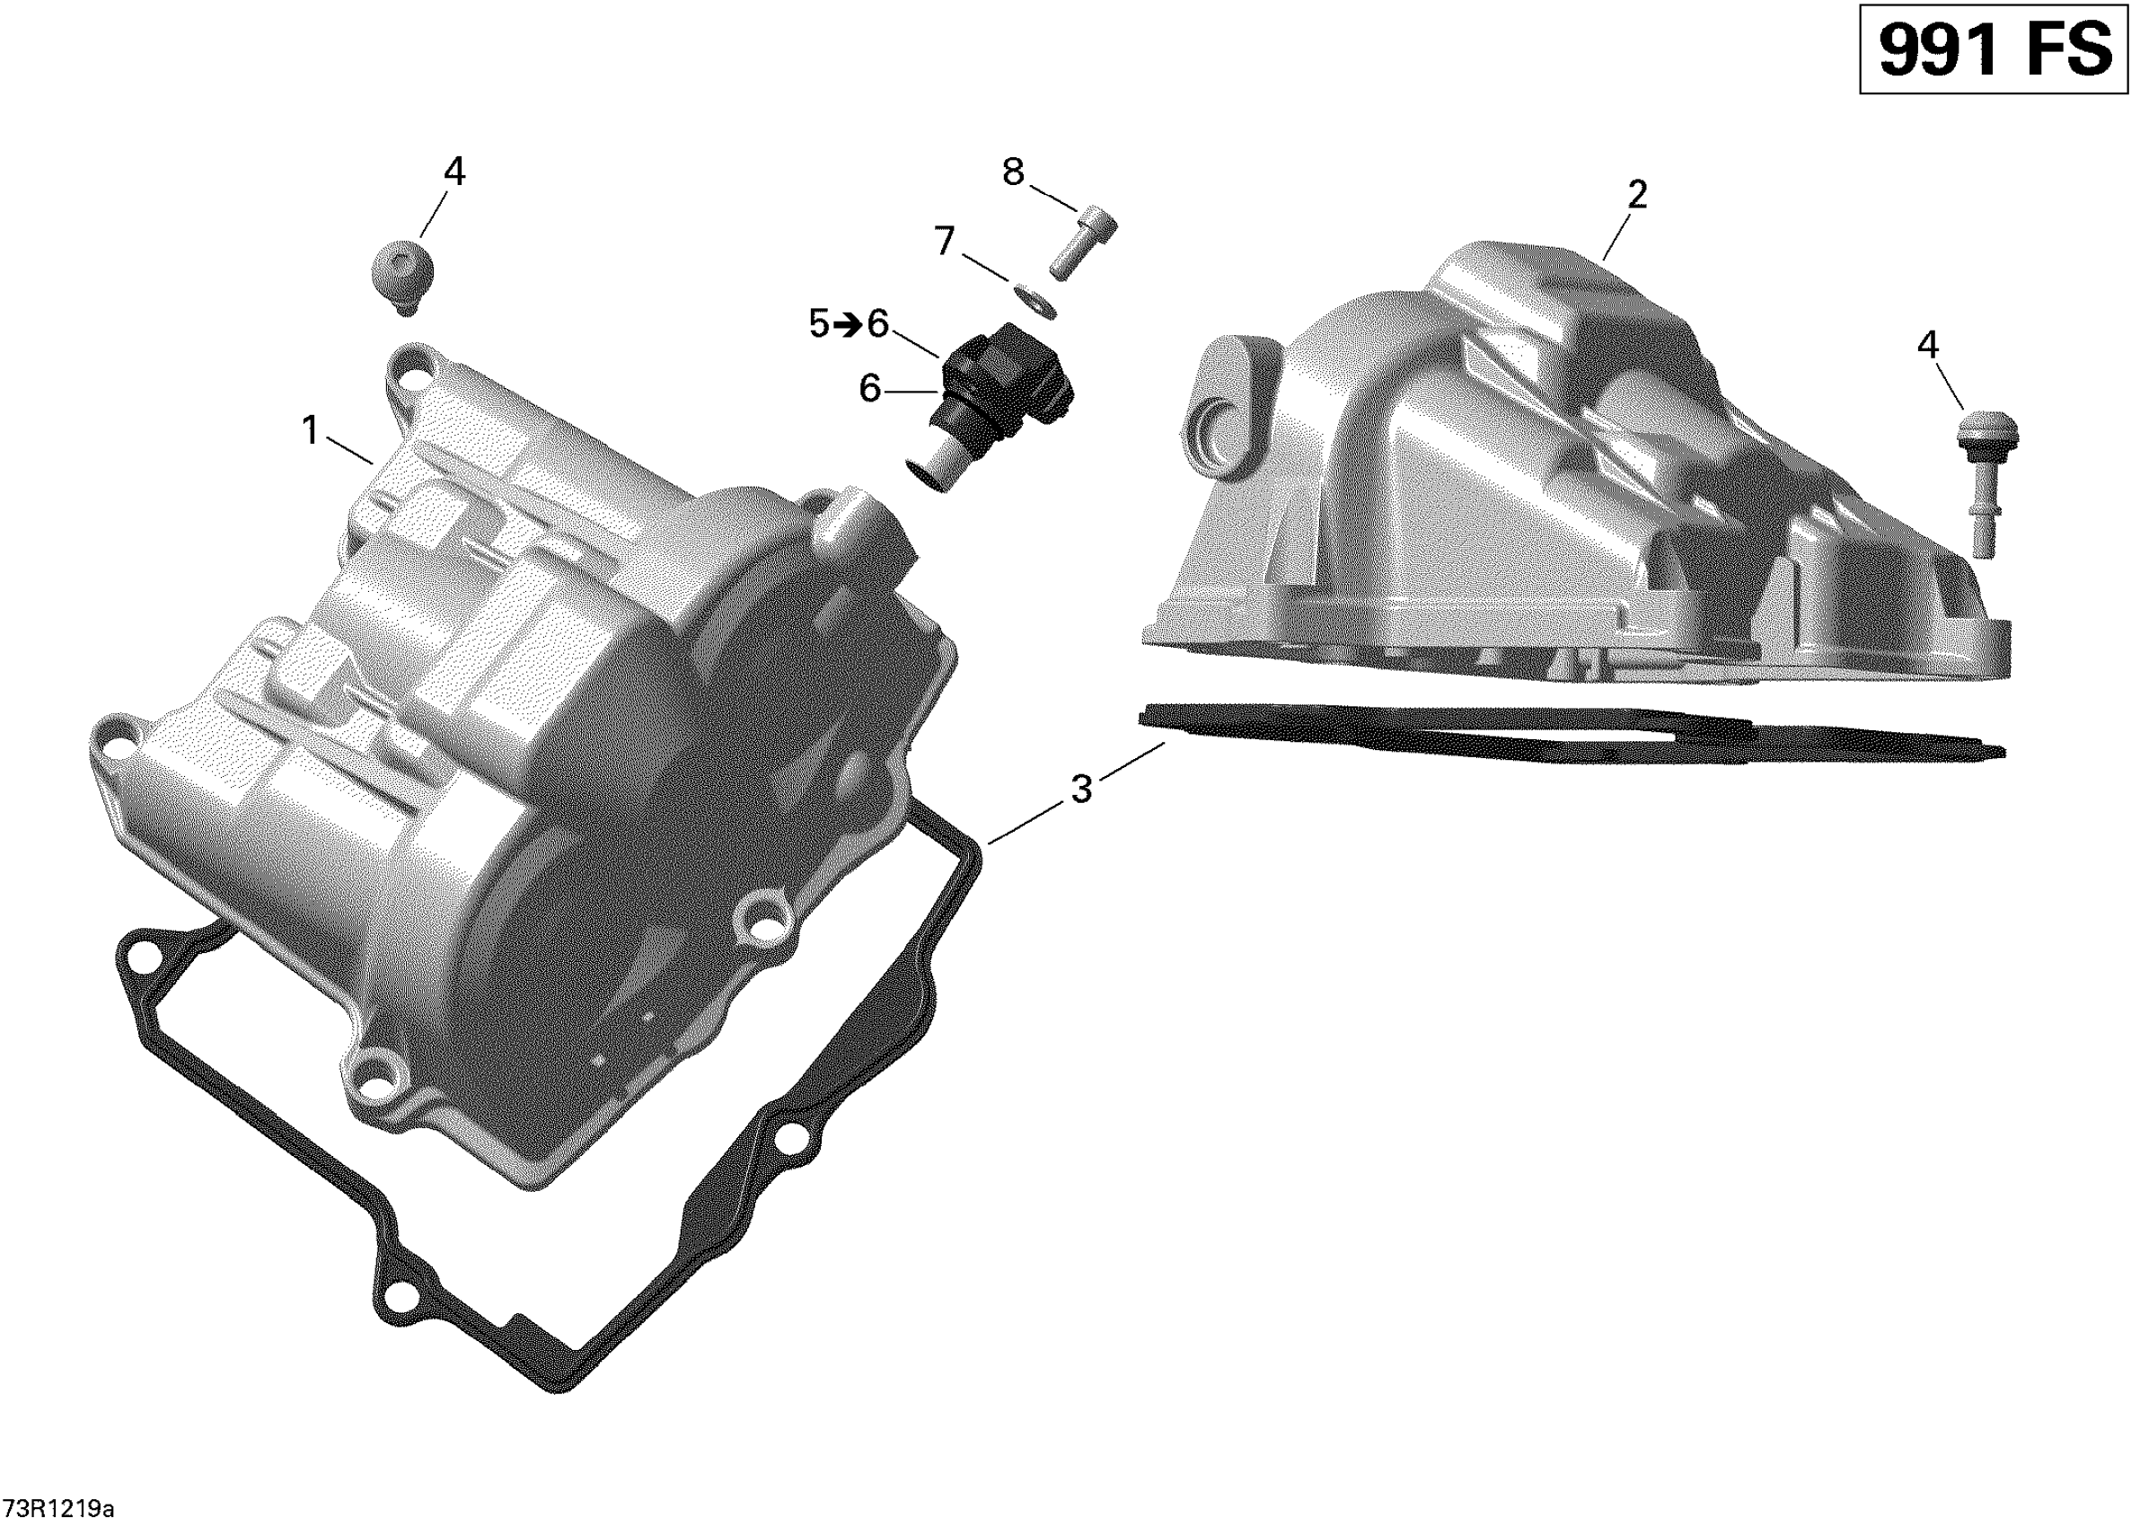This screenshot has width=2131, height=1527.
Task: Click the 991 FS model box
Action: click(x=1993, y=49)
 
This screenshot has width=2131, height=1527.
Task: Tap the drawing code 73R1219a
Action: click(x=58, y=1509)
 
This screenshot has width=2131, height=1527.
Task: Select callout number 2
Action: click(x=1637, y=196)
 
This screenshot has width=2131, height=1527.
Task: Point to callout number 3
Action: click(x=1081, y=790)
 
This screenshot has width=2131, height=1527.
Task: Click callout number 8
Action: click(x=1013, y=172)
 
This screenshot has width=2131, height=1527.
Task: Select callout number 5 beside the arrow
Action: click(x=819, y=324)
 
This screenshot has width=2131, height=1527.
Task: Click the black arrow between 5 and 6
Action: click(x=849, y=325)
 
